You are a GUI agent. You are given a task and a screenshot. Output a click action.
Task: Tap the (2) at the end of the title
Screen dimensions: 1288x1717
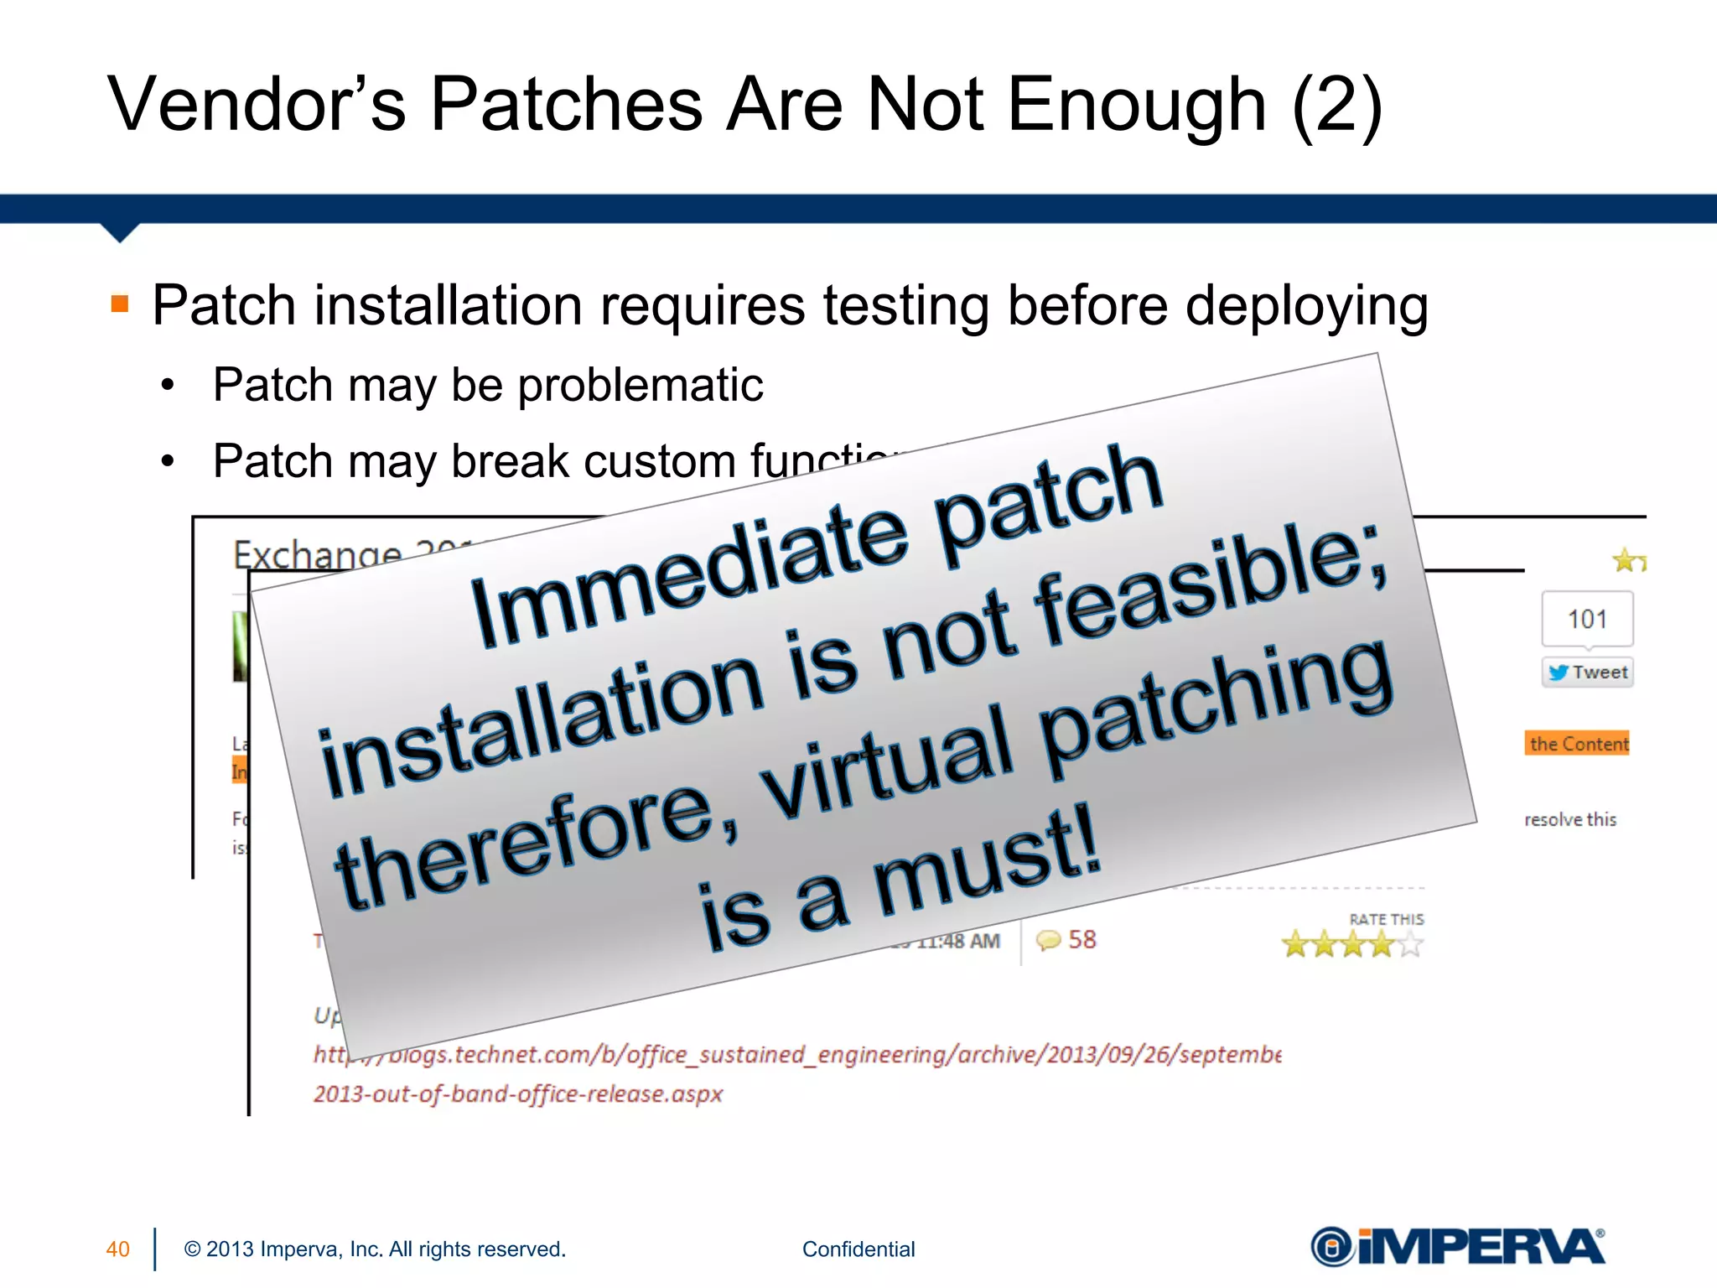tap(1336, 106)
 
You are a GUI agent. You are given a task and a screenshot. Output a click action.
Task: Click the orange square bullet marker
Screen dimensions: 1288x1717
tap(120, 303)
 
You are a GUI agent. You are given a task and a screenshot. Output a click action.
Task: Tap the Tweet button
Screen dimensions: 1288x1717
tap(1587, 673)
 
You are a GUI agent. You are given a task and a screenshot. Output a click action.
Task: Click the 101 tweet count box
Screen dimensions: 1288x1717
tap(1587, 619)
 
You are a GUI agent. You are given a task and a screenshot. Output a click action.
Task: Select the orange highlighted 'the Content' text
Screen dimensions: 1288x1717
tap(1577, 744)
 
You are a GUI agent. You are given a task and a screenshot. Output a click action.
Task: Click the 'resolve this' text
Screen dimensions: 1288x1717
tap(1569, 819)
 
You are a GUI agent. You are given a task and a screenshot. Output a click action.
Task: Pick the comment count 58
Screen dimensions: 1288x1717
tap(1082, 939)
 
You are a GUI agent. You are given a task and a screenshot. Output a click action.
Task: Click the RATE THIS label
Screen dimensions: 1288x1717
tap(1386, 919)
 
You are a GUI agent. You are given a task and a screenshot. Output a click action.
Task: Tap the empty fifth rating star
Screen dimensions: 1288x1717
tap(1411, 945)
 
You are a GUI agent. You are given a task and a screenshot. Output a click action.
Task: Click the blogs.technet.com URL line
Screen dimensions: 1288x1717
tap(796, 1055)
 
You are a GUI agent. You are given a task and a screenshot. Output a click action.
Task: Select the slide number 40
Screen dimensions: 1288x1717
tap(117, 1249)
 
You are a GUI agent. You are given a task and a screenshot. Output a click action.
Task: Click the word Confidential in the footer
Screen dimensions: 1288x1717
tap(858, 1249)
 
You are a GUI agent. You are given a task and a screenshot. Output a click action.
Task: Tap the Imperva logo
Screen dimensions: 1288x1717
tap(1457, 1246)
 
